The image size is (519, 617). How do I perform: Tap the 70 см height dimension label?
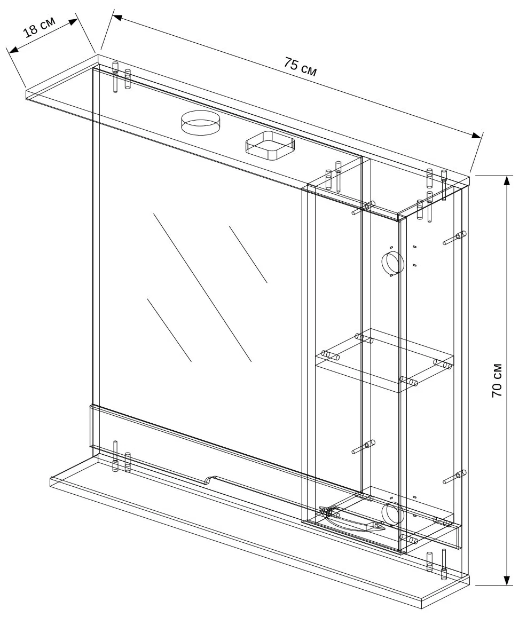click(497, 380)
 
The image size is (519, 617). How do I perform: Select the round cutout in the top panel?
click(199, 122)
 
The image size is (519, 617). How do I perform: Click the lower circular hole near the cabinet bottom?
click(393, 513)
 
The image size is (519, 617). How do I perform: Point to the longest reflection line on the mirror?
click(202, 287)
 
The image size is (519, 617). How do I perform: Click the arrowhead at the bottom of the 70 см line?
click(507, 580)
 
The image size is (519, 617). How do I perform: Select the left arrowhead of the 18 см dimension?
click(13, 50)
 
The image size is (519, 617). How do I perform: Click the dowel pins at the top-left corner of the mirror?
click(121, 76)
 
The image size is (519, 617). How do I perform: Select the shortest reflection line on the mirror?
click(248, 254)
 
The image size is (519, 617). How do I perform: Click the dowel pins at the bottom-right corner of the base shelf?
click(437, 565)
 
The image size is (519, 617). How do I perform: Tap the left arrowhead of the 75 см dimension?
click(117, 17)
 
